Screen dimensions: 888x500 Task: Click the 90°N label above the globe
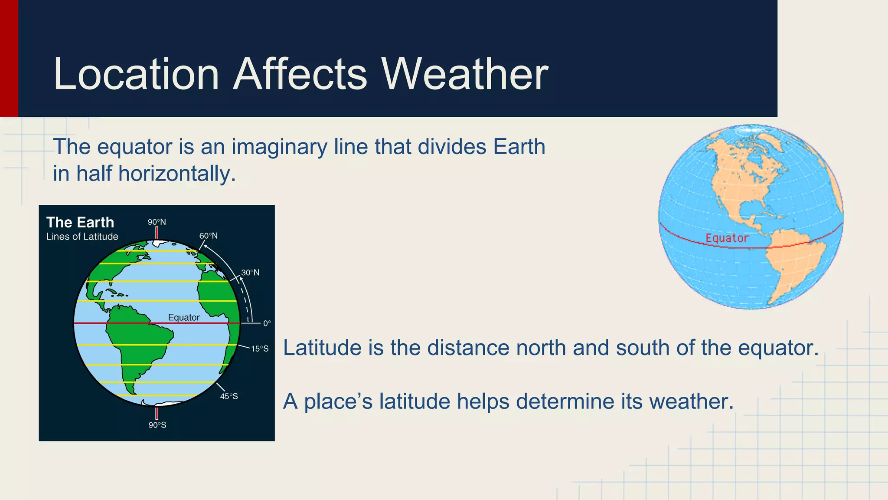point(157,222)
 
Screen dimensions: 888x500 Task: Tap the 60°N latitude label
point(209,236)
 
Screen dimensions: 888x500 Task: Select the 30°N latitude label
point(250,273)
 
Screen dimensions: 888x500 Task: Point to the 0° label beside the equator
point(267,323)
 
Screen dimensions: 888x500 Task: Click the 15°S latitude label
point(260,349)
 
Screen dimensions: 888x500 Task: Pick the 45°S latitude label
point(229,396)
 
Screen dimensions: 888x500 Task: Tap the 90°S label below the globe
point(157,425)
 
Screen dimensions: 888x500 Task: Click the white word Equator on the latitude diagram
point(184,317)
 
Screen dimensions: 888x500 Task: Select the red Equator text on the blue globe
point(727,238)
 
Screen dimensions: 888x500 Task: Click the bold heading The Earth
point(80,222)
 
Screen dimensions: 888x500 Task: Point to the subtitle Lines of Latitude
point(82,237)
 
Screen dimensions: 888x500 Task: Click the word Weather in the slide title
point(465,74)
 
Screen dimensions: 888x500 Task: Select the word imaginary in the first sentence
point(279,147)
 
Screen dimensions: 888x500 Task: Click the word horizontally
point(177,174)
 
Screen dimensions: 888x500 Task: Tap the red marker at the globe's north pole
point(157,233)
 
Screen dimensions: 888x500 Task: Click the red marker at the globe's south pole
point(157,413)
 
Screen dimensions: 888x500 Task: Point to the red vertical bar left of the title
point(9,58)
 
